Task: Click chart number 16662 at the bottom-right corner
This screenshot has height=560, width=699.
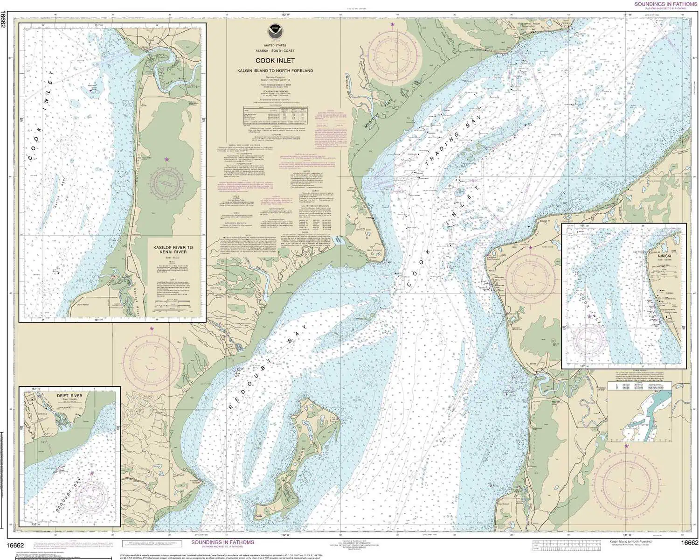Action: click(x=689, y=542)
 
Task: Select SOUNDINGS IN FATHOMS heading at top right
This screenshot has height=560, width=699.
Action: click(x=665, y=4)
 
